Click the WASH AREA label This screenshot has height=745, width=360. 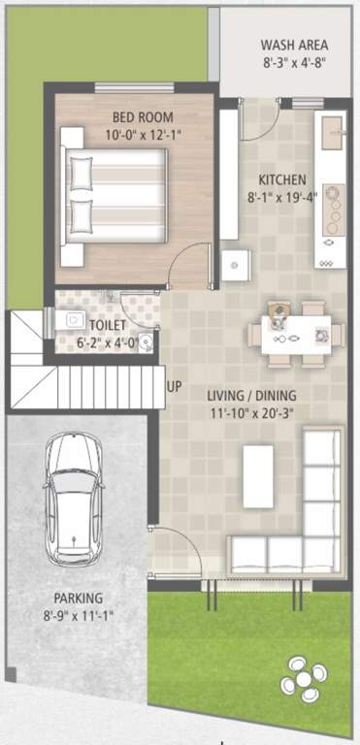click(294, 45)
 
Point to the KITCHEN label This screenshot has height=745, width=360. click(282, 180)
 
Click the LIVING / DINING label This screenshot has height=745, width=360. click(251, 395)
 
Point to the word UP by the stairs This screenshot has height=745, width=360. click(174, 387)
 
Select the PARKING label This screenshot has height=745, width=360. click(79, 599)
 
